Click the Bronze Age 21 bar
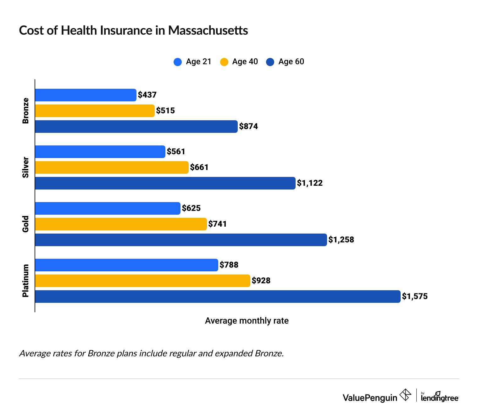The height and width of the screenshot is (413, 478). point(86,95)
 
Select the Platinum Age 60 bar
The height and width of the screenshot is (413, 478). point(218,297)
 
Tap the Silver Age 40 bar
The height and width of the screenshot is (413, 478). point(112,167)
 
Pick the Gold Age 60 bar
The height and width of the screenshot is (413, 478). point(181,240)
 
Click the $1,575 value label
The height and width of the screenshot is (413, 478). point(415,297)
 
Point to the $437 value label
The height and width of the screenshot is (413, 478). point(147,95)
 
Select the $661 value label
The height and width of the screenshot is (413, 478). point(199,167)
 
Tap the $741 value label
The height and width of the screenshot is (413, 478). point(217,224)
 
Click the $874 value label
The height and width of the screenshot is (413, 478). point(248,127)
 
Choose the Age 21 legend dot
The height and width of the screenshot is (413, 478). point(178,62)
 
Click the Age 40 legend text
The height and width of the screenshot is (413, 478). point(245,62)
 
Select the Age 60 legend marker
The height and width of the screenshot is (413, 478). point(270,62)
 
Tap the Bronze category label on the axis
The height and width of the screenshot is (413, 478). point(26,111)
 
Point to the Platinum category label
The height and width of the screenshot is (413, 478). point(26,280)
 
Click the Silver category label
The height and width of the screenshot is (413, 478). point(26,167)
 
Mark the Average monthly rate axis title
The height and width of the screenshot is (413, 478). point(247,321)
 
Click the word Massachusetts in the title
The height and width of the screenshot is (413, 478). point(208,31)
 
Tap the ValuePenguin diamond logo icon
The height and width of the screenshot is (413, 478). point(405,395)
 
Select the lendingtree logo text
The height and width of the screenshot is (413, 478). point(440,398)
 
